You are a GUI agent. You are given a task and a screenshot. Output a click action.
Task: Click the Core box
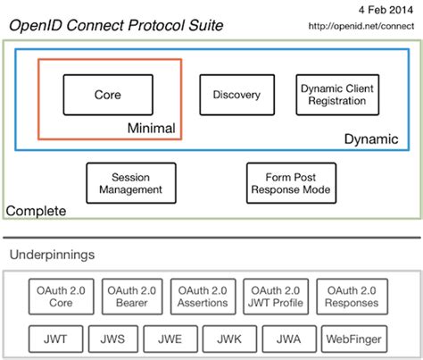pyautogui.click(x=106, y=94)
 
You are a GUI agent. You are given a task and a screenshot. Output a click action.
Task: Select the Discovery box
pyautogui.click(x=236, y=94)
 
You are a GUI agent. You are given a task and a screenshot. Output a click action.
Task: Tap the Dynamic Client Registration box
pyautogui.click(x=332, y=94)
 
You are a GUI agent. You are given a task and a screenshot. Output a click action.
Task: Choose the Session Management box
pyautogui.click(x=125, y=182)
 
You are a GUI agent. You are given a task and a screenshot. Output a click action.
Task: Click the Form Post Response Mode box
pyautogui.click(x=292, y=182)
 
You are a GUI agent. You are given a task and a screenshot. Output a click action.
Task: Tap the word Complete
pyautogui.click(x=36, y=212)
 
